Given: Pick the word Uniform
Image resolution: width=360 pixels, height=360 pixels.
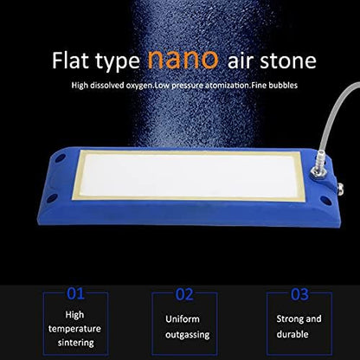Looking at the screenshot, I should (x=182, y=318).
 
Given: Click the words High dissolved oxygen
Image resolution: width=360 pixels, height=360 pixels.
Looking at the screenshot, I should (x=111, y=85).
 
